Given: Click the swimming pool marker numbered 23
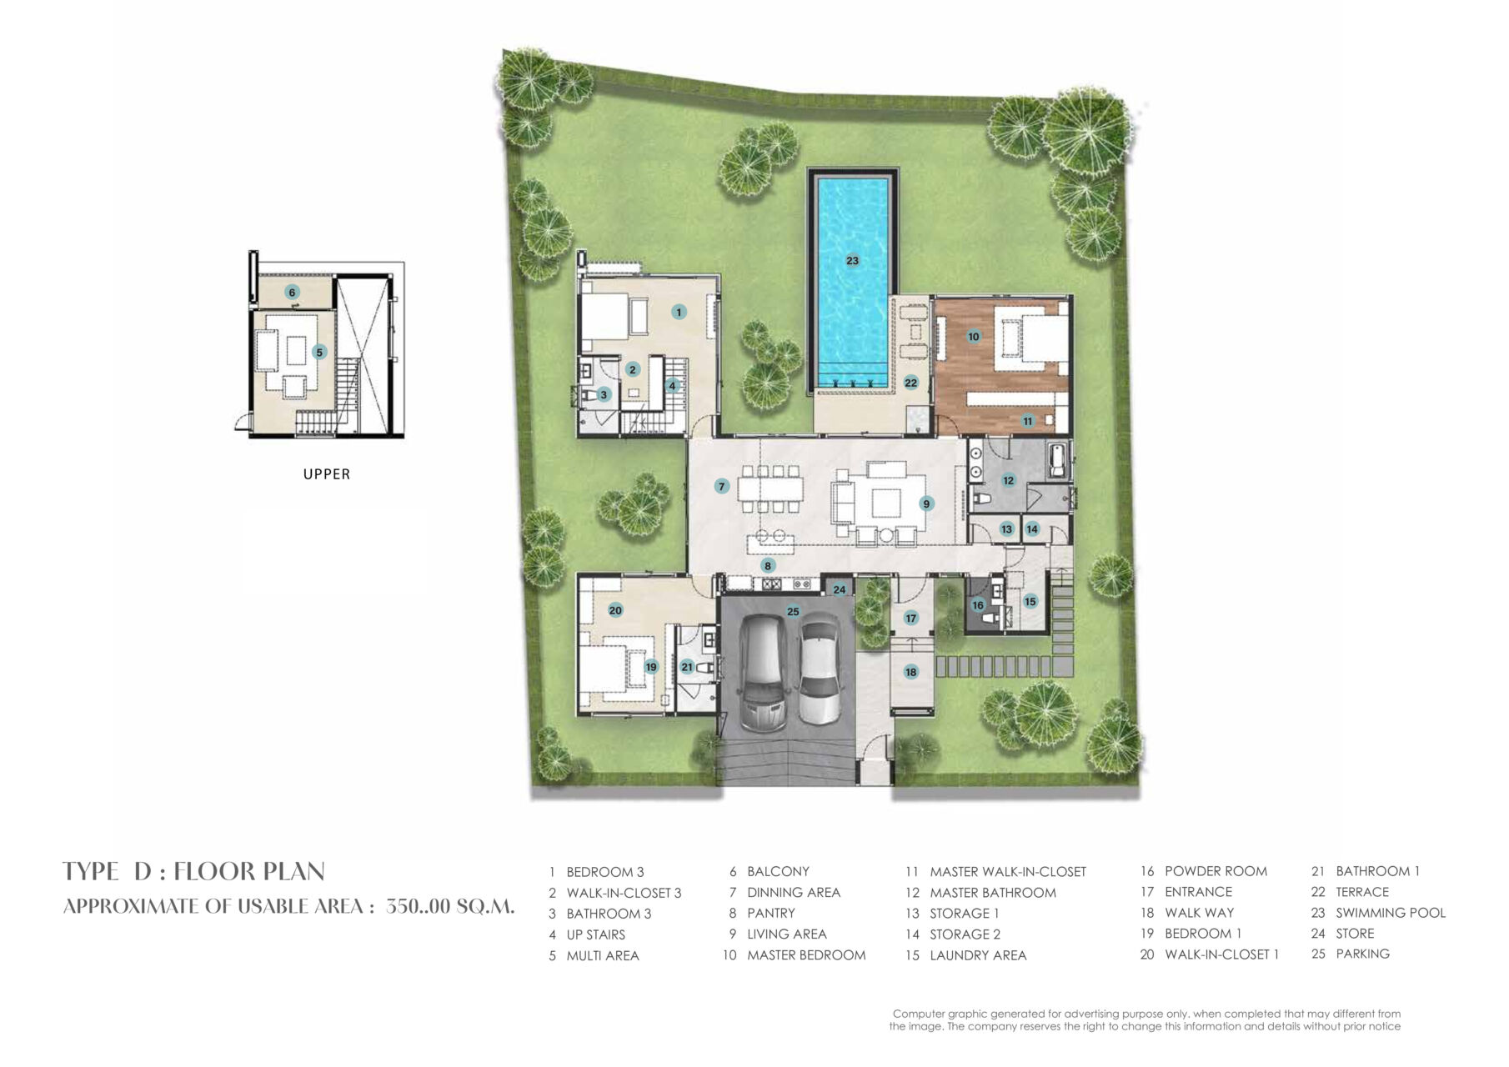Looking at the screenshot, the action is [x=852, y=261].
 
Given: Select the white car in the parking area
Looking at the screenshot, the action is [x=819, y=669].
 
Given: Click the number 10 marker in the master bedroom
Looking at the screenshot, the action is [x=974, y=337].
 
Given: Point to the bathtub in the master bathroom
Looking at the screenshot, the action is [x=1057, y=461].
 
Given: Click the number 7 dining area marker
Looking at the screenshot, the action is [x=722, y=486].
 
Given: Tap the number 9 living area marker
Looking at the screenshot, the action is [x=925, y=503].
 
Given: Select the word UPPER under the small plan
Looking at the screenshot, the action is [x=327, y=474].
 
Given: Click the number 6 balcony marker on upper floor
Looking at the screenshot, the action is [x=292, y=293].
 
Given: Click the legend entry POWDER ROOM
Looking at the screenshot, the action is [x=1216, y=871].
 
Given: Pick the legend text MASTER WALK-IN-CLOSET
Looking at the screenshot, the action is [x=1008, y=872].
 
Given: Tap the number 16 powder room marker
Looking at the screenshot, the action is [x=978, y=605].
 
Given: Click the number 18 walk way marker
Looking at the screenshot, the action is [x=910, y=672].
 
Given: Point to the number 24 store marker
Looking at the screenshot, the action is [x=840, y=589].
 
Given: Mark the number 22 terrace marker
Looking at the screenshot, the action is [x=911, y=383].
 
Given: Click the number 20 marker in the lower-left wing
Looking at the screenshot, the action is [x=615, y=610].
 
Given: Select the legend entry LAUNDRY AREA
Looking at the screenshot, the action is [x=978, y=955].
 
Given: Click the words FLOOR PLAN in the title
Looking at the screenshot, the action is [x=249, y=871].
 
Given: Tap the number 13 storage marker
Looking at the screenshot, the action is [x=1006, y=529].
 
